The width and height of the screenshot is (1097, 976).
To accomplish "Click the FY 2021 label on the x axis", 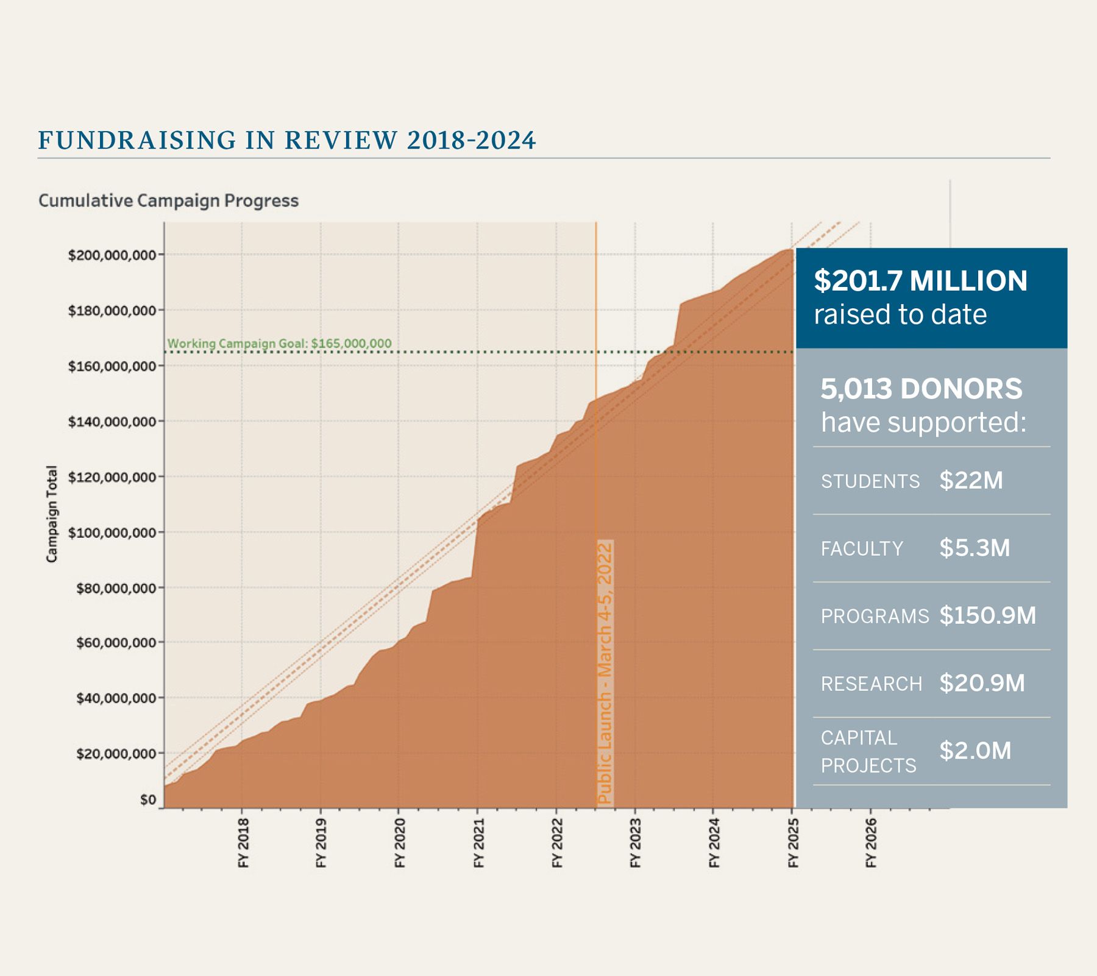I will coord(478,843).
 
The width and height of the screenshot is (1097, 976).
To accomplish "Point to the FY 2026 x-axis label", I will coord(871,843).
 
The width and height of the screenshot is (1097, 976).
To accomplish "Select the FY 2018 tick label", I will coord(243,843).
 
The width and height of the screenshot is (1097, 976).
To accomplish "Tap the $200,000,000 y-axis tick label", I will coord(112,255).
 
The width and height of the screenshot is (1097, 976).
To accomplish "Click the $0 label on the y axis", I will coord(148,799).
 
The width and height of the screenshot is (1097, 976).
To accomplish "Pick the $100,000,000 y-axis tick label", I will coord(112,533).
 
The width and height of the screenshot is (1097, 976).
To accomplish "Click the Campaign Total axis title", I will coord(52,514).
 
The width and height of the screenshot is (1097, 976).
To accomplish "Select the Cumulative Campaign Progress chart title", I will coord(168,200).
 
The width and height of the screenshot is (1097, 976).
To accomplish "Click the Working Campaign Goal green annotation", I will coord(279,344).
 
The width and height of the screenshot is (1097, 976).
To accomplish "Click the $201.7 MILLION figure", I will coord(920,281).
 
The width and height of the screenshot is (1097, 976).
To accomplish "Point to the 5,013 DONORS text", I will coord(921,389).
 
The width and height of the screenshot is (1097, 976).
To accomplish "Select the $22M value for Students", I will coord(971,481).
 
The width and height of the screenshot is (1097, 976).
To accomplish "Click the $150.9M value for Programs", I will coord(987,615).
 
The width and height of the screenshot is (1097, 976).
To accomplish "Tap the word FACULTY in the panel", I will coord(862,549).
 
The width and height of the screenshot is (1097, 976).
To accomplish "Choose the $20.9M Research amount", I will coord(982,683).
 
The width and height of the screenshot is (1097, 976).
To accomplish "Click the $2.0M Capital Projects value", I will coord(975,751).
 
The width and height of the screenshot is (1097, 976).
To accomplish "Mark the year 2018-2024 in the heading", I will coord(471,141).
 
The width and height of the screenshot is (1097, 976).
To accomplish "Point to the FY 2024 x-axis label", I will coord(714,843).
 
